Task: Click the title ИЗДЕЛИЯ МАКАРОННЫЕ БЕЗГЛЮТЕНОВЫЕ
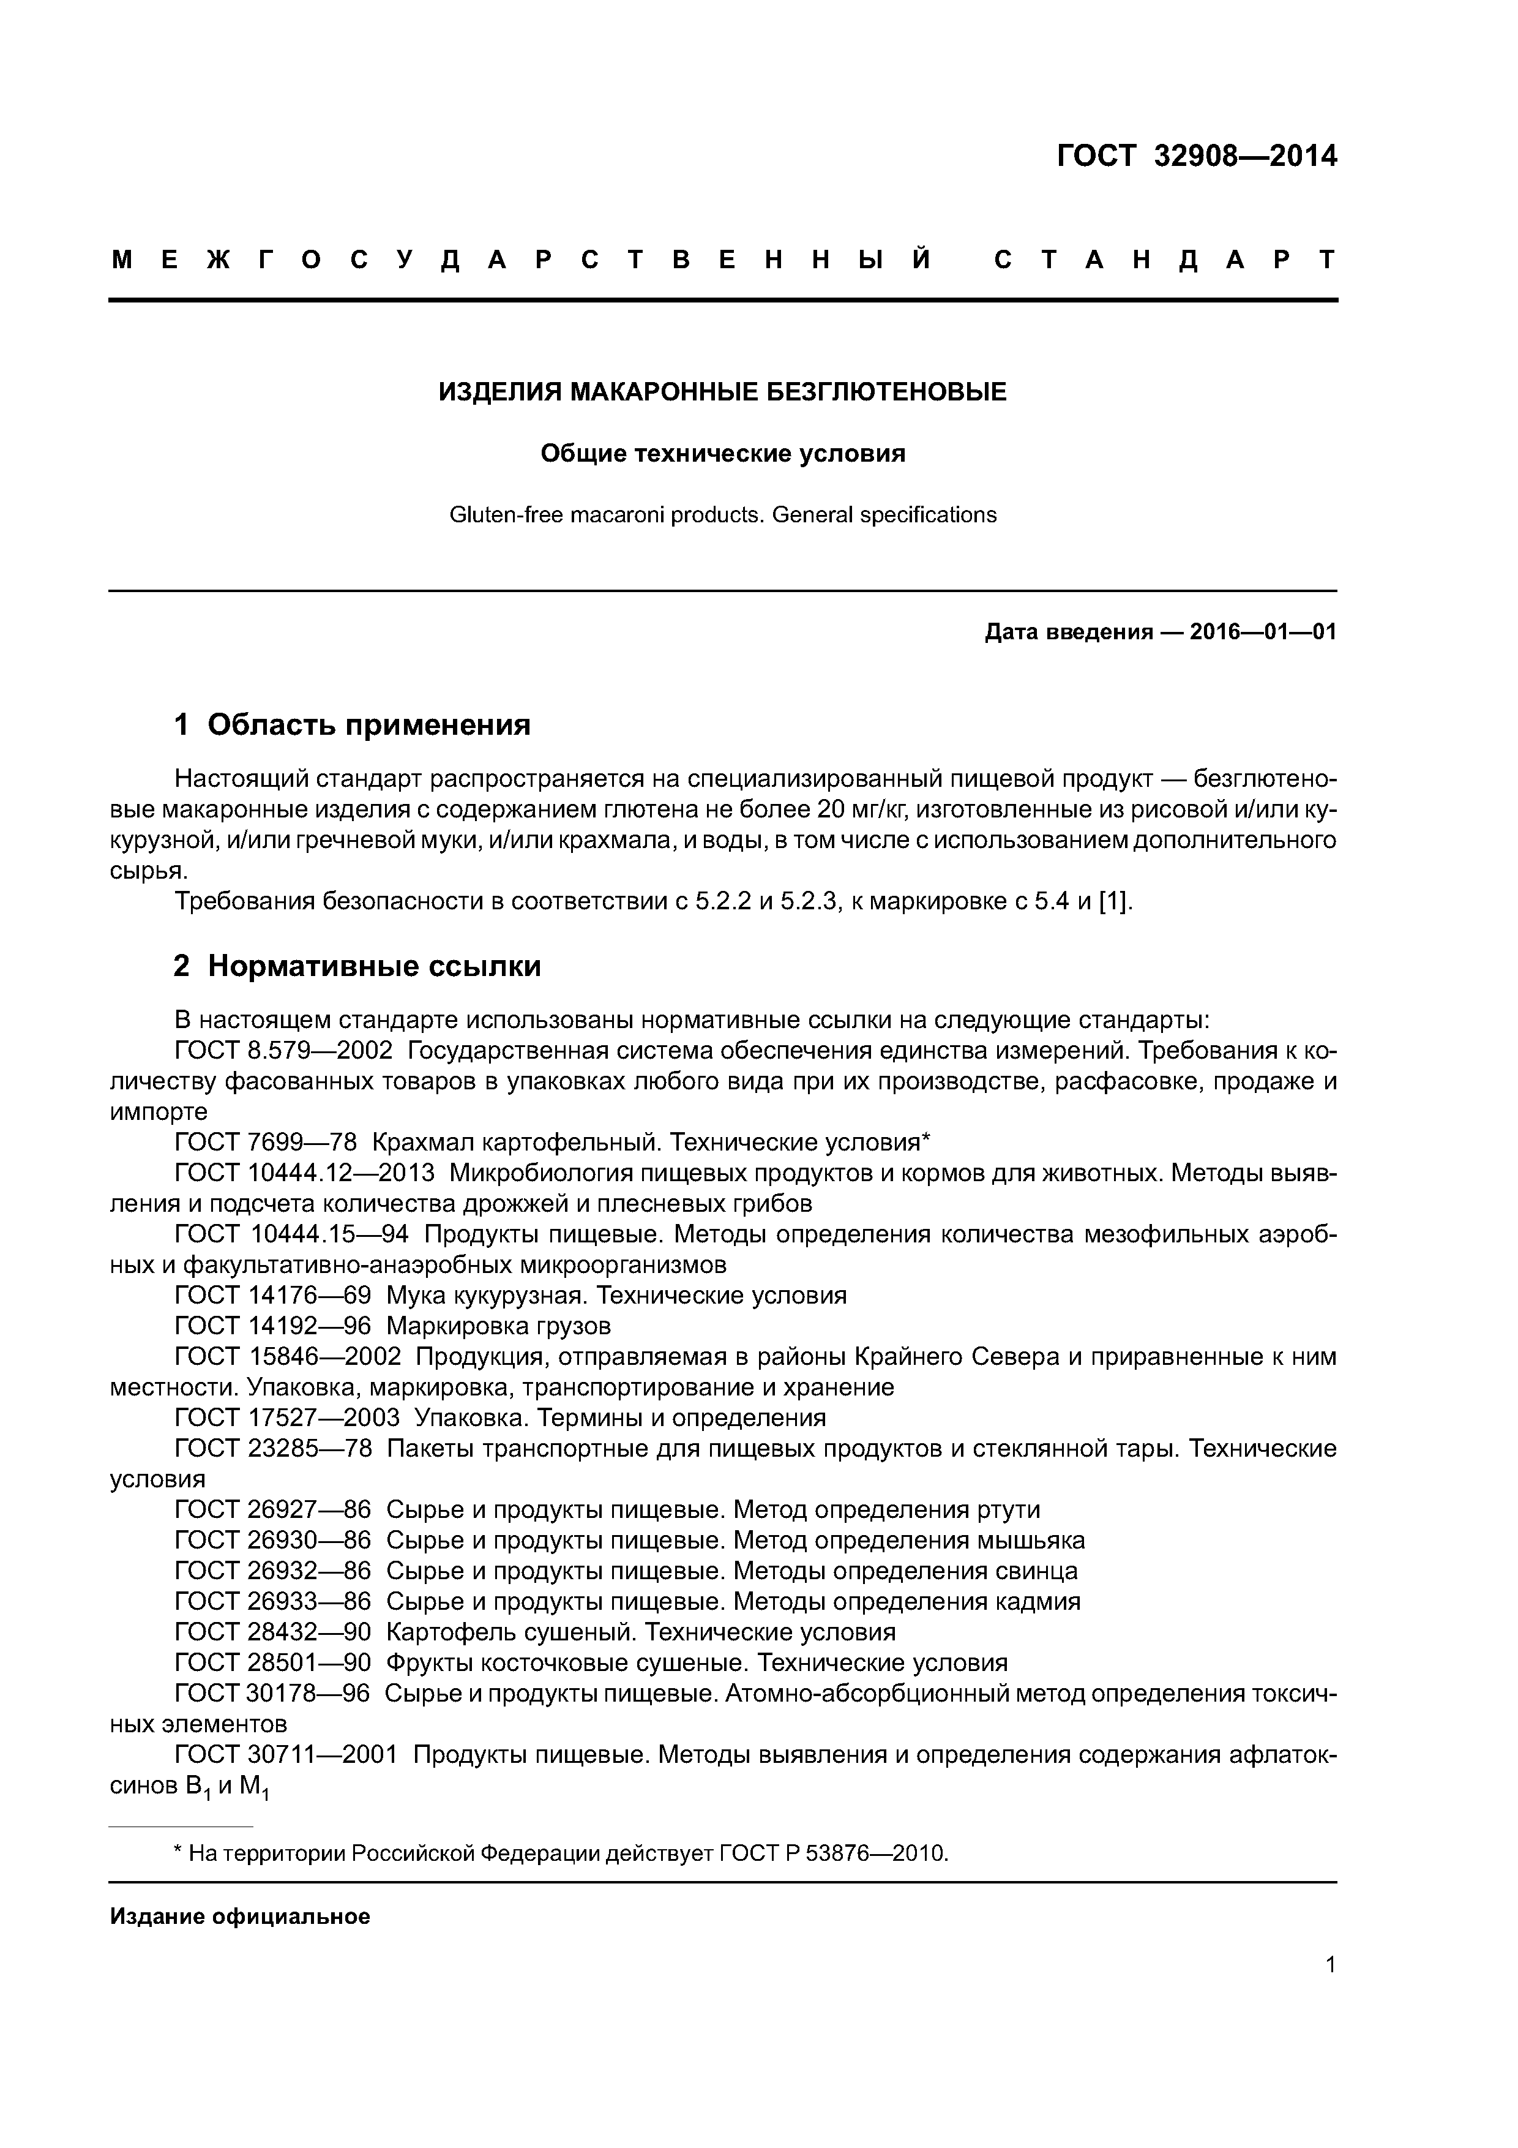(722, 392)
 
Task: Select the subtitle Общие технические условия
(722, 454)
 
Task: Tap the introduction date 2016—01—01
(1263, 633)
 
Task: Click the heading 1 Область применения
(352, 724)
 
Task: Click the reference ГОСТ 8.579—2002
(283, 1051)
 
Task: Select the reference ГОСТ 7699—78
(266, 1143)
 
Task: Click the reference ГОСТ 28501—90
(273, 1662)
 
